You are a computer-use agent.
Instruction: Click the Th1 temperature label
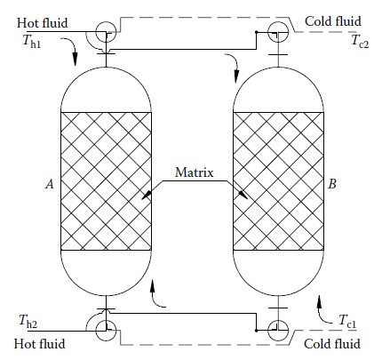coord(32,42)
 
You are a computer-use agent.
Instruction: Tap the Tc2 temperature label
coord(360,41)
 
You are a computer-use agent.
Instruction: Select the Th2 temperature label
coord(28,322)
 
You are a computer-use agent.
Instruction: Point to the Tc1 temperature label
coord(347,322)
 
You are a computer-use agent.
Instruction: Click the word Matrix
coord(194,172)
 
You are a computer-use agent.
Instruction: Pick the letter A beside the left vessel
coord(50,184)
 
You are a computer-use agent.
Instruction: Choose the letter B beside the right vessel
coord(332,184)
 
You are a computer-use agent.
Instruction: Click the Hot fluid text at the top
coord(43,23)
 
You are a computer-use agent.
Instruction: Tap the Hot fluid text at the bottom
coord(39,344)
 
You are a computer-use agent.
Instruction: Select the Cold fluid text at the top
coord(333,21)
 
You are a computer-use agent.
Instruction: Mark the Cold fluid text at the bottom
coord(332,344)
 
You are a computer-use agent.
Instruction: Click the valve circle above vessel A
coord(96,33)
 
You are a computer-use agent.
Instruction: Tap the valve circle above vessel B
coord(267,32)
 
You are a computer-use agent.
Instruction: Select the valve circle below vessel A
coord(96,331)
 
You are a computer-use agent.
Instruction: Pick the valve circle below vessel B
coord(267,330)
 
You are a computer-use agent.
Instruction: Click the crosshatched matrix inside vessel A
coord(106,181)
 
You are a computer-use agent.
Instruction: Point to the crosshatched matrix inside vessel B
coord(278,181)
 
